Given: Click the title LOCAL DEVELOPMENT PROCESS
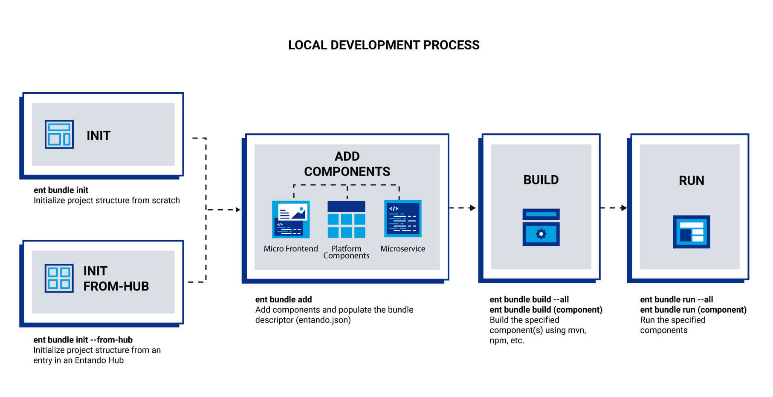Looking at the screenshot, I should coord(384,45).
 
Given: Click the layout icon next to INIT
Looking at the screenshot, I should coord(59,134).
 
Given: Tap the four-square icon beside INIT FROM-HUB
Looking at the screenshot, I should coord(59,278).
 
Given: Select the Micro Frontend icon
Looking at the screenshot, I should coord(291,219).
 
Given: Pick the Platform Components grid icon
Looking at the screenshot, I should coord(346,219).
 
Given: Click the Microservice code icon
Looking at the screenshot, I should coord(402,219).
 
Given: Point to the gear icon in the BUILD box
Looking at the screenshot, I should coord(541,233).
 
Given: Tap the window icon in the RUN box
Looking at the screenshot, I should coord(691,232).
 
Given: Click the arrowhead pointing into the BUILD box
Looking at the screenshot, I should coord(472,208).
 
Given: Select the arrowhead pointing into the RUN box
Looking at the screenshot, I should coord(624,208).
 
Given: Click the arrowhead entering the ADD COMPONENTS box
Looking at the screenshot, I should coord(238,210).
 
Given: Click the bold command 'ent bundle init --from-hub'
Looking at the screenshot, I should coord(83,340).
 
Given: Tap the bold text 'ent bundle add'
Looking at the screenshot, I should coord(284,299).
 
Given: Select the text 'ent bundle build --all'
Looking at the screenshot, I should coord(529,299).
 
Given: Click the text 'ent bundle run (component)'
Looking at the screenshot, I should coord(693,310).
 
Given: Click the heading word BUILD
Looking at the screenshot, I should coord(541,180).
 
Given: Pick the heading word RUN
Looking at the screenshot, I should coord(691,181).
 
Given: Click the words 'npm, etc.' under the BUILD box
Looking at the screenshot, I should coord(507,340).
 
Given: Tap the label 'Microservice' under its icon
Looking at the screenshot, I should coord(402,249).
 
